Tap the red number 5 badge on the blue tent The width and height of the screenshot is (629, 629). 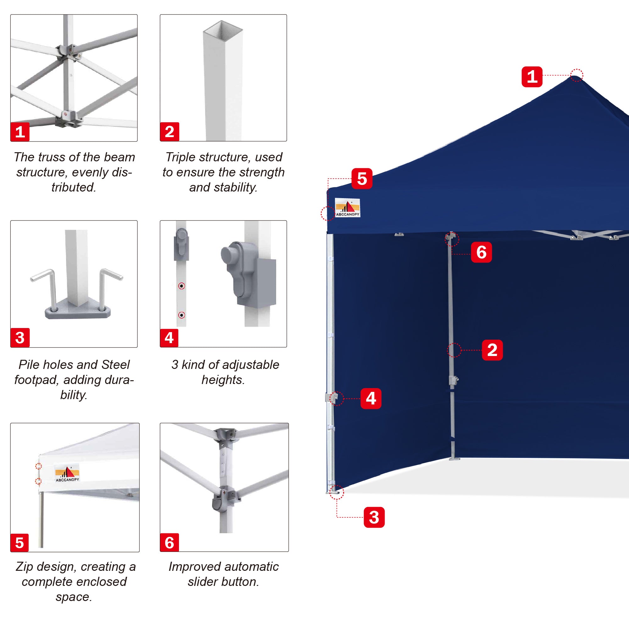coord(362,178)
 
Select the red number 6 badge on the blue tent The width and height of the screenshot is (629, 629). coord(481,252)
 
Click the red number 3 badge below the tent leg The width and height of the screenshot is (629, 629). coord(374,517)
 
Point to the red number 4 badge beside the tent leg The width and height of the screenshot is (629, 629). coord(371,398)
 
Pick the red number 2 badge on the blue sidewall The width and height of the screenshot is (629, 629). coord(492,350)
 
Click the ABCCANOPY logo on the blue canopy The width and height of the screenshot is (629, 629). coord(348,207)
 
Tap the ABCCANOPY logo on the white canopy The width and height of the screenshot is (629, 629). coord(67,473)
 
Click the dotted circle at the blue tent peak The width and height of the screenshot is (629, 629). coord(576,75)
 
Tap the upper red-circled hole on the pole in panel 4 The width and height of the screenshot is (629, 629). coord(182,286)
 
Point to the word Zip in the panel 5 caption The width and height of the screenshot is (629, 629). coord(24,567)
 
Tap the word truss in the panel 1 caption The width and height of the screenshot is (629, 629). coord(49,157)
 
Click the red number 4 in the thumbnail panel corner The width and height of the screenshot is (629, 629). coord(169,337)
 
